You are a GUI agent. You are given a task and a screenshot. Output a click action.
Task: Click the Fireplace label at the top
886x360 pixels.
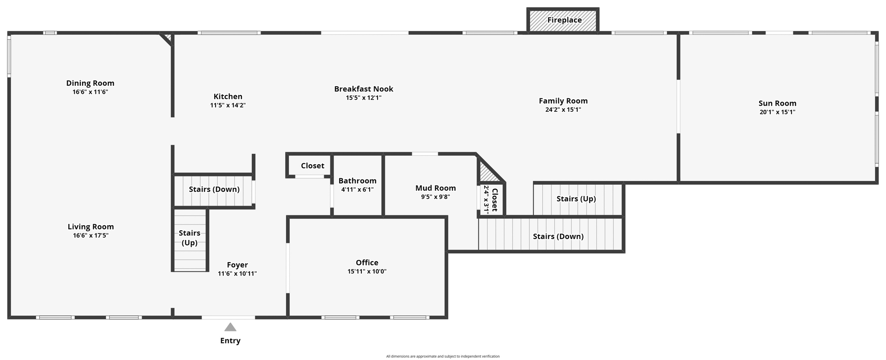tap(564, 20)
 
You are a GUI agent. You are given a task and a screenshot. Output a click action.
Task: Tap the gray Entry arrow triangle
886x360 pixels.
tap(230, 327)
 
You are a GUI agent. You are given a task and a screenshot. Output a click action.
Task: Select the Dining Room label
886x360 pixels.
tap(90, 83)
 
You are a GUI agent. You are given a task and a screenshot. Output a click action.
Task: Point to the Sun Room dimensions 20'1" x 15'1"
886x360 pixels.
tap(778, 112)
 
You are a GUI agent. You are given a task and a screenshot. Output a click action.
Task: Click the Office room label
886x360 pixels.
tap(367, 263)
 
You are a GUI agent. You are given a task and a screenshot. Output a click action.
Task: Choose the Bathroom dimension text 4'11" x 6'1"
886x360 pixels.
tap(357, 189)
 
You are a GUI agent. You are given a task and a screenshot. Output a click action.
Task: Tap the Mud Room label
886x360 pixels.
tap(436, 188)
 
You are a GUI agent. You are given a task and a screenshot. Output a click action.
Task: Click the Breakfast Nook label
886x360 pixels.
tap(364, 89)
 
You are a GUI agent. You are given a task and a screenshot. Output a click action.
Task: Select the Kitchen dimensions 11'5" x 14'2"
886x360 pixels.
tap(228, 105)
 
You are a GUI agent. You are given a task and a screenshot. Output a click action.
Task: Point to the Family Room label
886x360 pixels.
tap(563, 101)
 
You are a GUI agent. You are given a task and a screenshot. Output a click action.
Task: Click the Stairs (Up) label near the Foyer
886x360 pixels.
tap(190, 238)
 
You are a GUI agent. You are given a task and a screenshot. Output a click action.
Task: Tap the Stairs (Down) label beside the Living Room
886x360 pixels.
tap(214, 189)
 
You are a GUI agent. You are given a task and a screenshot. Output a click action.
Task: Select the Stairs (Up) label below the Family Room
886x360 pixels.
tap(576, 198)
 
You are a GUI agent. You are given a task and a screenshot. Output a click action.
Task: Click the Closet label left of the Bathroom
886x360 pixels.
tap(312, 166)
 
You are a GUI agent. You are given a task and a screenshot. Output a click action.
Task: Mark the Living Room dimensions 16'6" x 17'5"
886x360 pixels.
tap(90, 235)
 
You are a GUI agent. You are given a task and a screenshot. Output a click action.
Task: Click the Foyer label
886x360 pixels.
tap(237, 265)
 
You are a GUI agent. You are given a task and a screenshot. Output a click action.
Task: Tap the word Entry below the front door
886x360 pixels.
tap(230, 341)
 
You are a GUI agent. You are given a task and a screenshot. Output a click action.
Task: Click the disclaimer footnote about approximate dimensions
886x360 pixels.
tap(443, 356)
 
